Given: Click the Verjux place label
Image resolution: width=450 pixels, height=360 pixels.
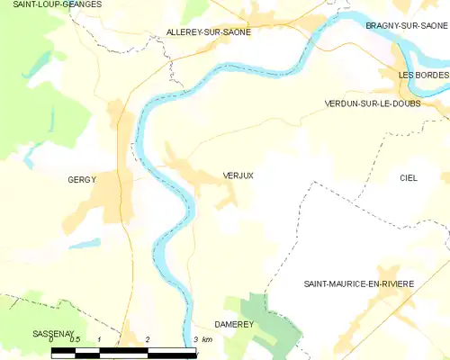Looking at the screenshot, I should (238, 175).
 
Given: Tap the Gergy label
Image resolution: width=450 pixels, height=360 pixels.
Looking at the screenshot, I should (81, 180).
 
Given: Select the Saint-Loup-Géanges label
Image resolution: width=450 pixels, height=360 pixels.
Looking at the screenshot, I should (50, 4).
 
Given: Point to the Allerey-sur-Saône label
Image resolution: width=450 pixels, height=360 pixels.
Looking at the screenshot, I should (209, 31).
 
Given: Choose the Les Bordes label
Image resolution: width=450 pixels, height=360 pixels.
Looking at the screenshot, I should (424, 75).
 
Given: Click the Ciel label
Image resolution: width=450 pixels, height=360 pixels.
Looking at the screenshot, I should (409, 178).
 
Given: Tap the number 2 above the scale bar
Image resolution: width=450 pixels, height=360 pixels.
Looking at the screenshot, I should (147, 339).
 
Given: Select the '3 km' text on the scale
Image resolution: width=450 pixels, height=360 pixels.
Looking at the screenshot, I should (202, 339).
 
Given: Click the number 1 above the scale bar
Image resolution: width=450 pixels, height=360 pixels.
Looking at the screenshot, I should (99, 339).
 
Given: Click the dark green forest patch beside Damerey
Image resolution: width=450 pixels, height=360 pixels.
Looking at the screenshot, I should (270, 315).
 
